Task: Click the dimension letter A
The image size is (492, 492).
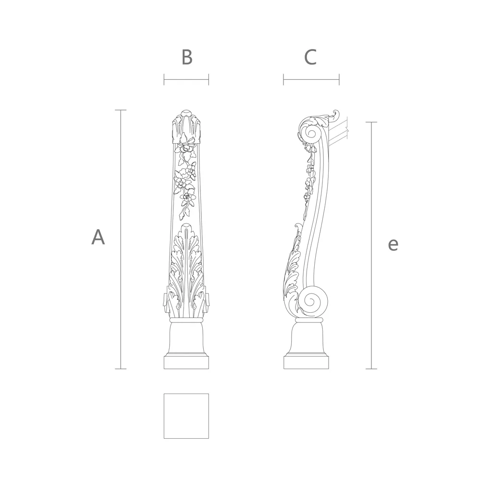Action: point(98,237)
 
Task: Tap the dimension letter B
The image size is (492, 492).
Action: point(187,57)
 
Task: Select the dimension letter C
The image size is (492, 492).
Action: point(311,57)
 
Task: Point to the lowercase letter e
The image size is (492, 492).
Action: point(393,245)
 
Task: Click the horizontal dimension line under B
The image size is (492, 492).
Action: point(186,80)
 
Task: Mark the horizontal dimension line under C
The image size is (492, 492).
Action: point(311,80)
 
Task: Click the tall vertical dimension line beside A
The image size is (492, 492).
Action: point(121,239)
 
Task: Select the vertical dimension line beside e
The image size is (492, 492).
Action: point(371,246)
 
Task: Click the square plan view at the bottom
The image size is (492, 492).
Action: point(186,416)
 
